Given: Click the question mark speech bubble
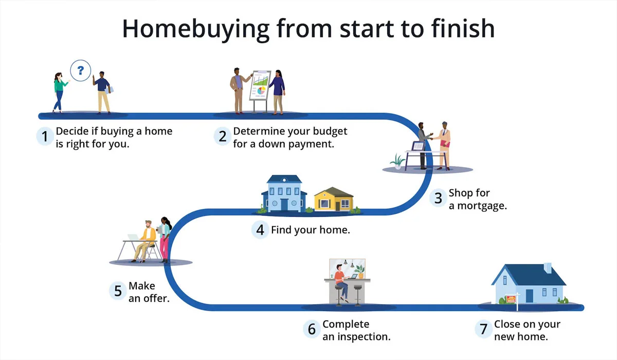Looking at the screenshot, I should [80, 70].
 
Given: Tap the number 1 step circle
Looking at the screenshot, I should [45, 137].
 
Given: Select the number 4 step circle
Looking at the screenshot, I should [260, 229].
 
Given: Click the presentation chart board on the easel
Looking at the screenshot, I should [260, 85].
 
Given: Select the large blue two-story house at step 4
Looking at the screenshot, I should [284, 194].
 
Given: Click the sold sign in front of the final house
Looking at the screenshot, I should [512, 299].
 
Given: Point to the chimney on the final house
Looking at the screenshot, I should [548, 268].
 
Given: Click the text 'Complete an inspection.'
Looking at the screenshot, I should [356, 331].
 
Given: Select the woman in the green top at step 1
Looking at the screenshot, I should [59, 92].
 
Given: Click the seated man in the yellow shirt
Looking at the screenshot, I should [147, 239].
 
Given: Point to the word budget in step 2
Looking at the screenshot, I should [326, 131].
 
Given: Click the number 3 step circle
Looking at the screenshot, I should [438, 198].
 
